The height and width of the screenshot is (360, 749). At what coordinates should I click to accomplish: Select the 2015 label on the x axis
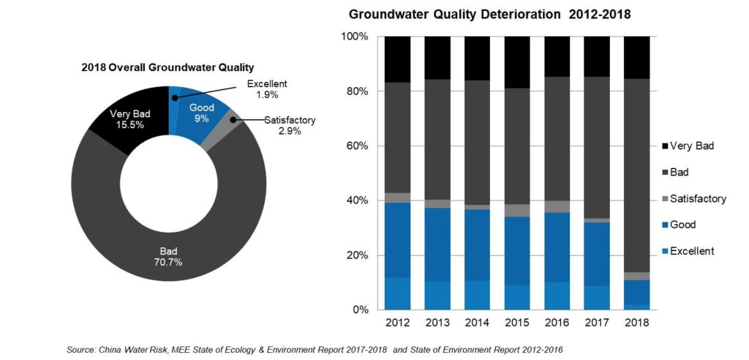(x=516, y=323)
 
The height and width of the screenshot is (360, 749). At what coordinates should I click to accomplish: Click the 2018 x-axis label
(x=636, y=323)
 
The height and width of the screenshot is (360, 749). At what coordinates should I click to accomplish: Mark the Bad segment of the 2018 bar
(x=636, y=176)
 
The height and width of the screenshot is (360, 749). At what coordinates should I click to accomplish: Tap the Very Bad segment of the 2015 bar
(x=516, y=62)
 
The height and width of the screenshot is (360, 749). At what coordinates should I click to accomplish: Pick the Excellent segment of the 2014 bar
(x=477, y=295)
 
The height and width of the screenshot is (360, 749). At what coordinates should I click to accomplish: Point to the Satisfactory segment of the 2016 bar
(x=557, y=206)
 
